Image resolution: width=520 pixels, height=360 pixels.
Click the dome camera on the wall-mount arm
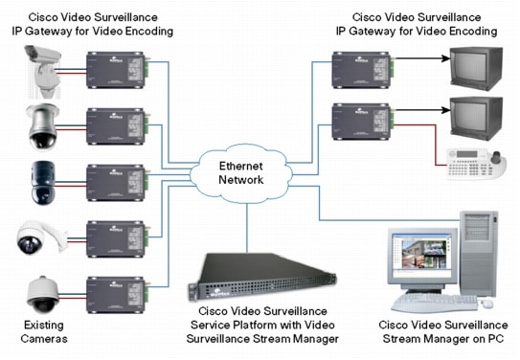pyautogui.click(x=36, y=239)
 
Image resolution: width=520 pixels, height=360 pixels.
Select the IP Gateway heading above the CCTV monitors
pyautogui.click(x=417, y=25)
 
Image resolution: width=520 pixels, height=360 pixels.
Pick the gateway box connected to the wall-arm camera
pyautogui.click(x=116, y=236)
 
